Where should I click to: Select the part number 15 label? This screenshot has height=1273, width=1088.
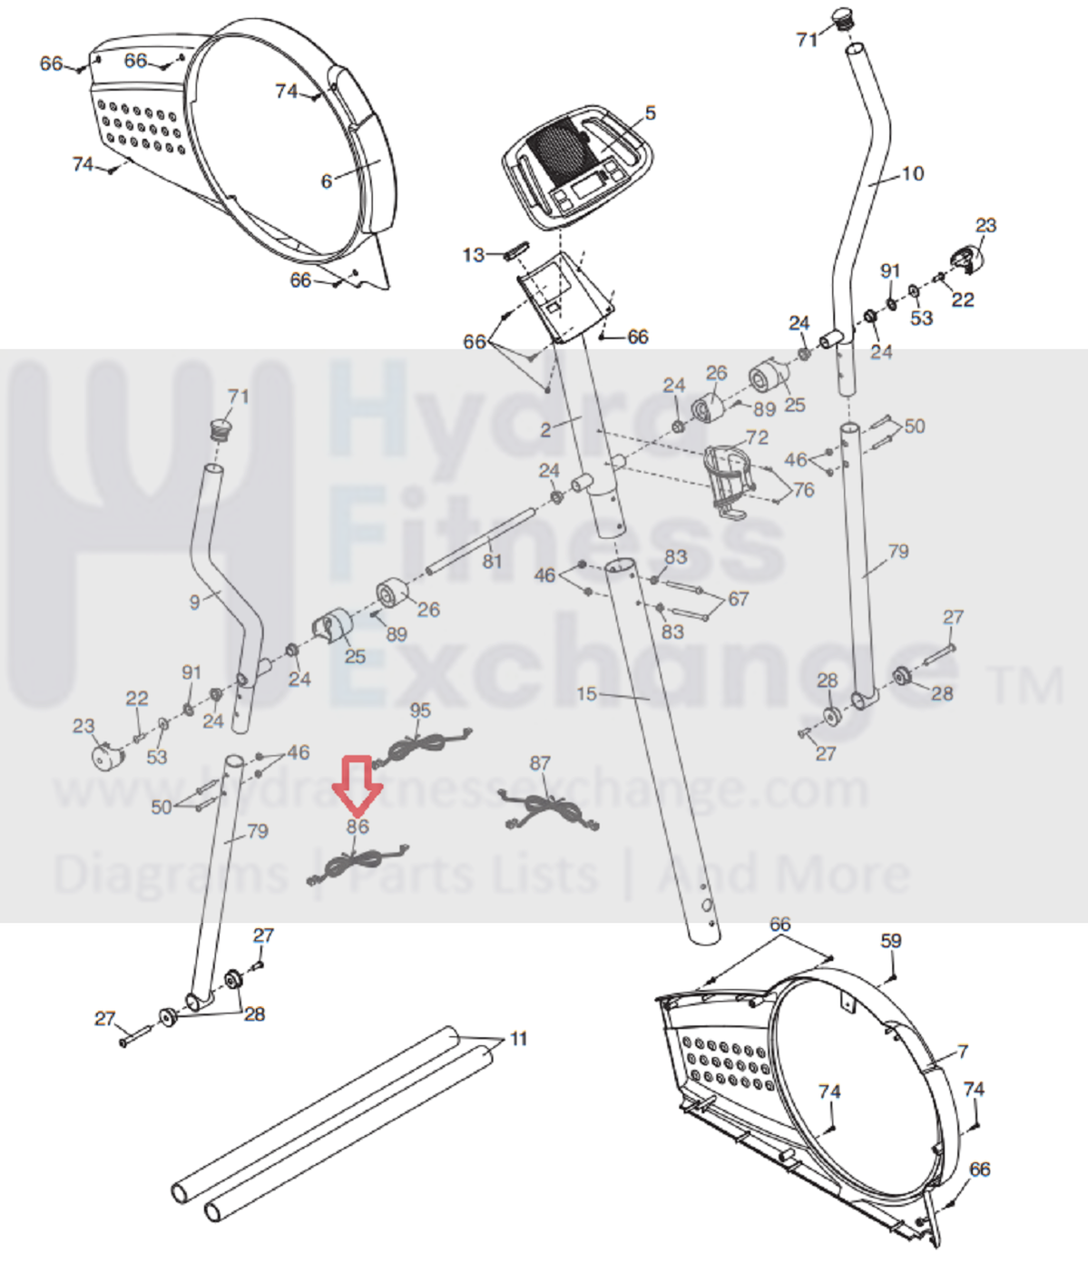pos(586,694)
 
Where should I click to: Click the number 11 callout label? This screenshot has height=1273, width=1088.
pos(518,1038)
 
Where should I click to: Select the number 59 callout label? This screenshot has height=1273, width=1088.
pos(891,941)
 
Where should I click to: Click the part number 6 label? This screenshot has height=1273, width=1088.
pos(327,181)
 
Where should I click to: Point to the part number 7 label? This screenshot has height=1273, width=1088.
pos(962,1051)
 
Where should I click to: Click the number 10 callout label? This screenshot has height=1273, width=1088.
pos(913,173)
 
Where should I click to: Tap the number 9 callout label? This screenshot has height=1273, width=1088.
pos(194,602)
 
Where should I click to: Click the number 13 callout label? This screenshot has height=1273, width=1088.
pos(474,255)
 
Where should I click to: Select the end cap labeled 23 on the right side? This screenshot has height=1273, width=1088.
pos(965,259)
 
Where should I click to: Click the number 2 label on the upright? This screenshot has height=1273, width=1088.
pos(545,430)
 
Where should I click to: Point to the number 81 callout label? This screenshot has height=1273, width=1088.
pos(492,562)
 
